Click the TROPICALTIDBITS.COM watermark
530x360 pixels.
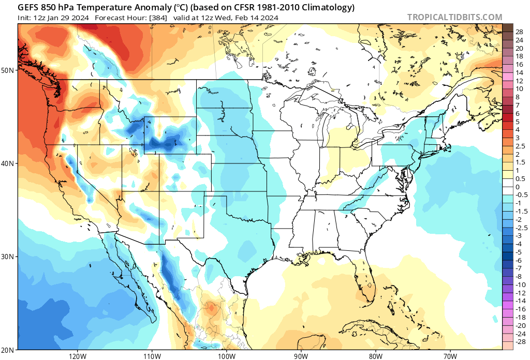point(454,17)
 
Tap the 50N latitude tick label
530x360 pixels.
point(10,70)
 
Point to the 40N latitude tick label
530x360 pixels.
point(10,163)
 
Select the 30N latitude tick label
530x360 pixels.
point(10,257)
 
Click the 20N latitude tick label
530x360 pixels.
point(10,350)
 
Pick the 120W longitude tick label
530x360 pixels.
point(77,356)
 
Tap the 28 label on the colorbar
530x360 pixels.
point(520,32)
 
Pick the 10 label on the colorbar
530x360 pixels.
point(520,89)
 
